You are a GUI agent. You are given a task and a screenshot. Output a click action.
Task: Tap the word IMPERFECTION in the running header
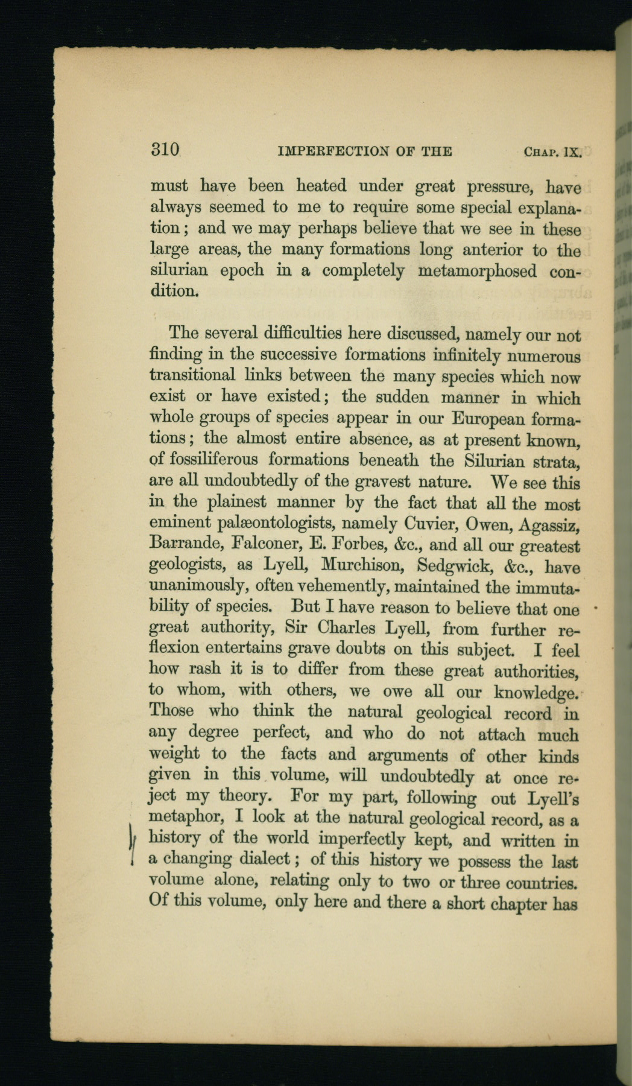(328, 151)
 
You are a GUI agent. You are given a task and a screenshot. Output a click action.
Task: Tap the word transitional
(192, 375)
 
